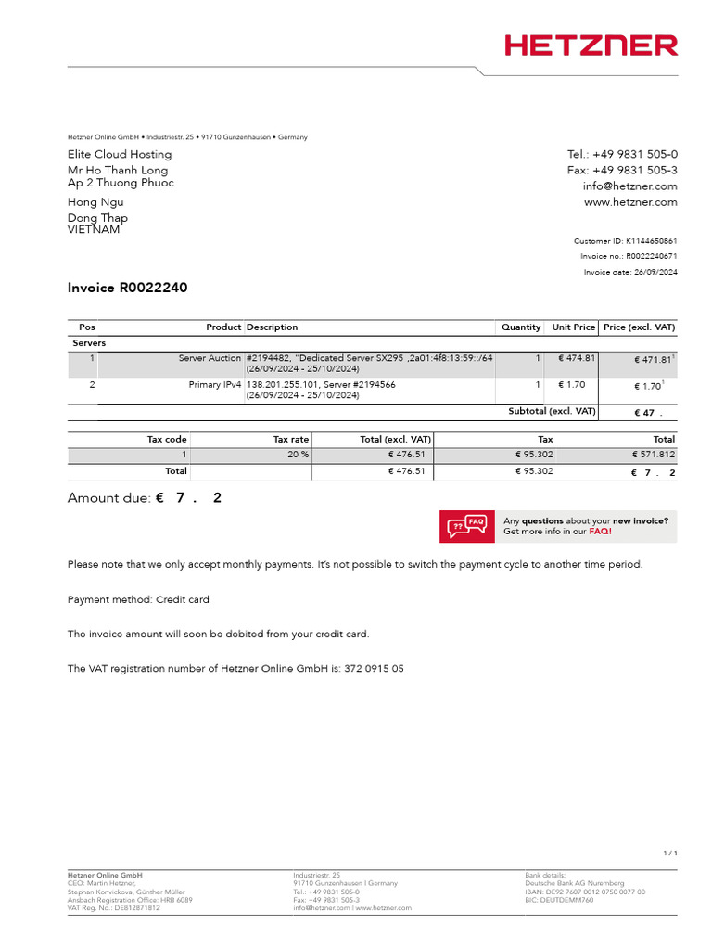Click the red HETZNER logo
(x=591, y=45)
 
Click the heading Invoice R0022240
(x=127, y=288)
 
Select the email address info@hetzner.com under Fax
(x=629, y=186)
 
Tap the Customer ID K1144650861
(x=651, y=241)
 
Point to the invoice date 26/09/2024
(x=655, y=272)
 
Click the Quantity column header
(x=521, y=327)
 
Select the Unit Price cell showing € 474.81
(x=576, y=358)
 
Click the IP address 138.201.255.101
(x=283, y=384)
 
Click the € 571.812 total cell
(x=654, y=455)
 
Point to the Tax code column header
(x=167, y=439)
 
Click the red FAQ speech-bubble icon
(x=466, y=526)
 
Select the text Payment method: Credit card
(x=138, y=599)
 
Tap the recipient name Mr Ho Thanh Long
(x=118, y=171)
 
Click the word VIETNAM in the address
(x=94, y=230)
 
